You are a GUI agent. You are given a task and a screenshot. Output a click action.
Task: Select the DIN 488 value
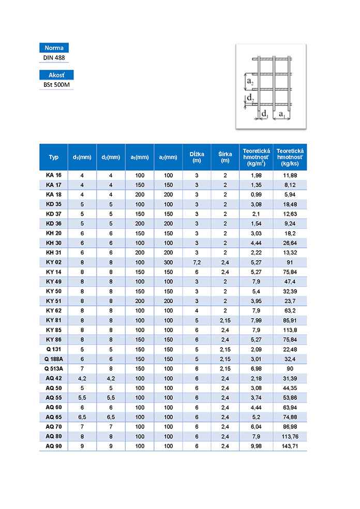[54, 58]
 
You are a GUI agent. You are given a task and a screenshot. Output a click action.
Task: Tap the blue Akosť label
[56, 75]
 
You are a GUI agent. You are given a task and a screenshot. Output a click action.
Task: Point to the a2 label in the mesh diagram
[250, 82]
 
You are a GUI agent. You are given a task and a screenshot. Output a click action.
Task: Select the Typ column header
[54, 157]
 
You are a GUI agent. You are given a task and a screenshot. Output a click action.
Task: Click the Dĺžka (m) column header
[197, 157]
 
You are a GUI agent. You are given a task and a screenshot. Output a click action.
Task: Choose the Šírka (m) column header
[225, 157]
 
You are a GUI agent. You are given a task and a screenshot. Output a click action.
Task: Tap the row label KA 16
[54, 175]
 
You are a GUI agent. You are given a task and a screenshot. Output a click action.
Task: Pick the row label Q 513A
[54, 368]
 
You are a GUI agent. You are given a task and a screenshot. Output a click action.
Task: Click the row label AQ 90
[54, 446]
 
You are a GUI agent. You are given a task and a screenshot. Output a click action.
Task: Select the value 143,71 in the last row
[290, 446]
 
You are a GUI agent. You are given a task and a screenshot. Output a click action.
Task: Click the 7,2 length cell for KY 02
[197, 262]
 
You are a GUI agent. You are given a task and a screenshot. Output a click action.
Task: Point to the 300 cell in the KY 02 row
[168, 262]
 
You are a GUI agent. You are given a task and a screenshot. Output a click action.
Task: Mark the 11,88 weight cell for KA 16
[290, 175]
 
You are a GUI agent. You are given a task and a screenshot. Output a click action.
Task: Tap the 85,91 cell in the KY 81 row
[290, 320]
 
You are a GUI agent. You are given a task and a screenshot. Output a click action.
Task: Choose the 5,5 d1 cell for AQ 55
[82, 397]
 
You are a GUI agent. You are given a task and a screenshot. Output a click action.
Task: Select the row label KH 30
[54, 243]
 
